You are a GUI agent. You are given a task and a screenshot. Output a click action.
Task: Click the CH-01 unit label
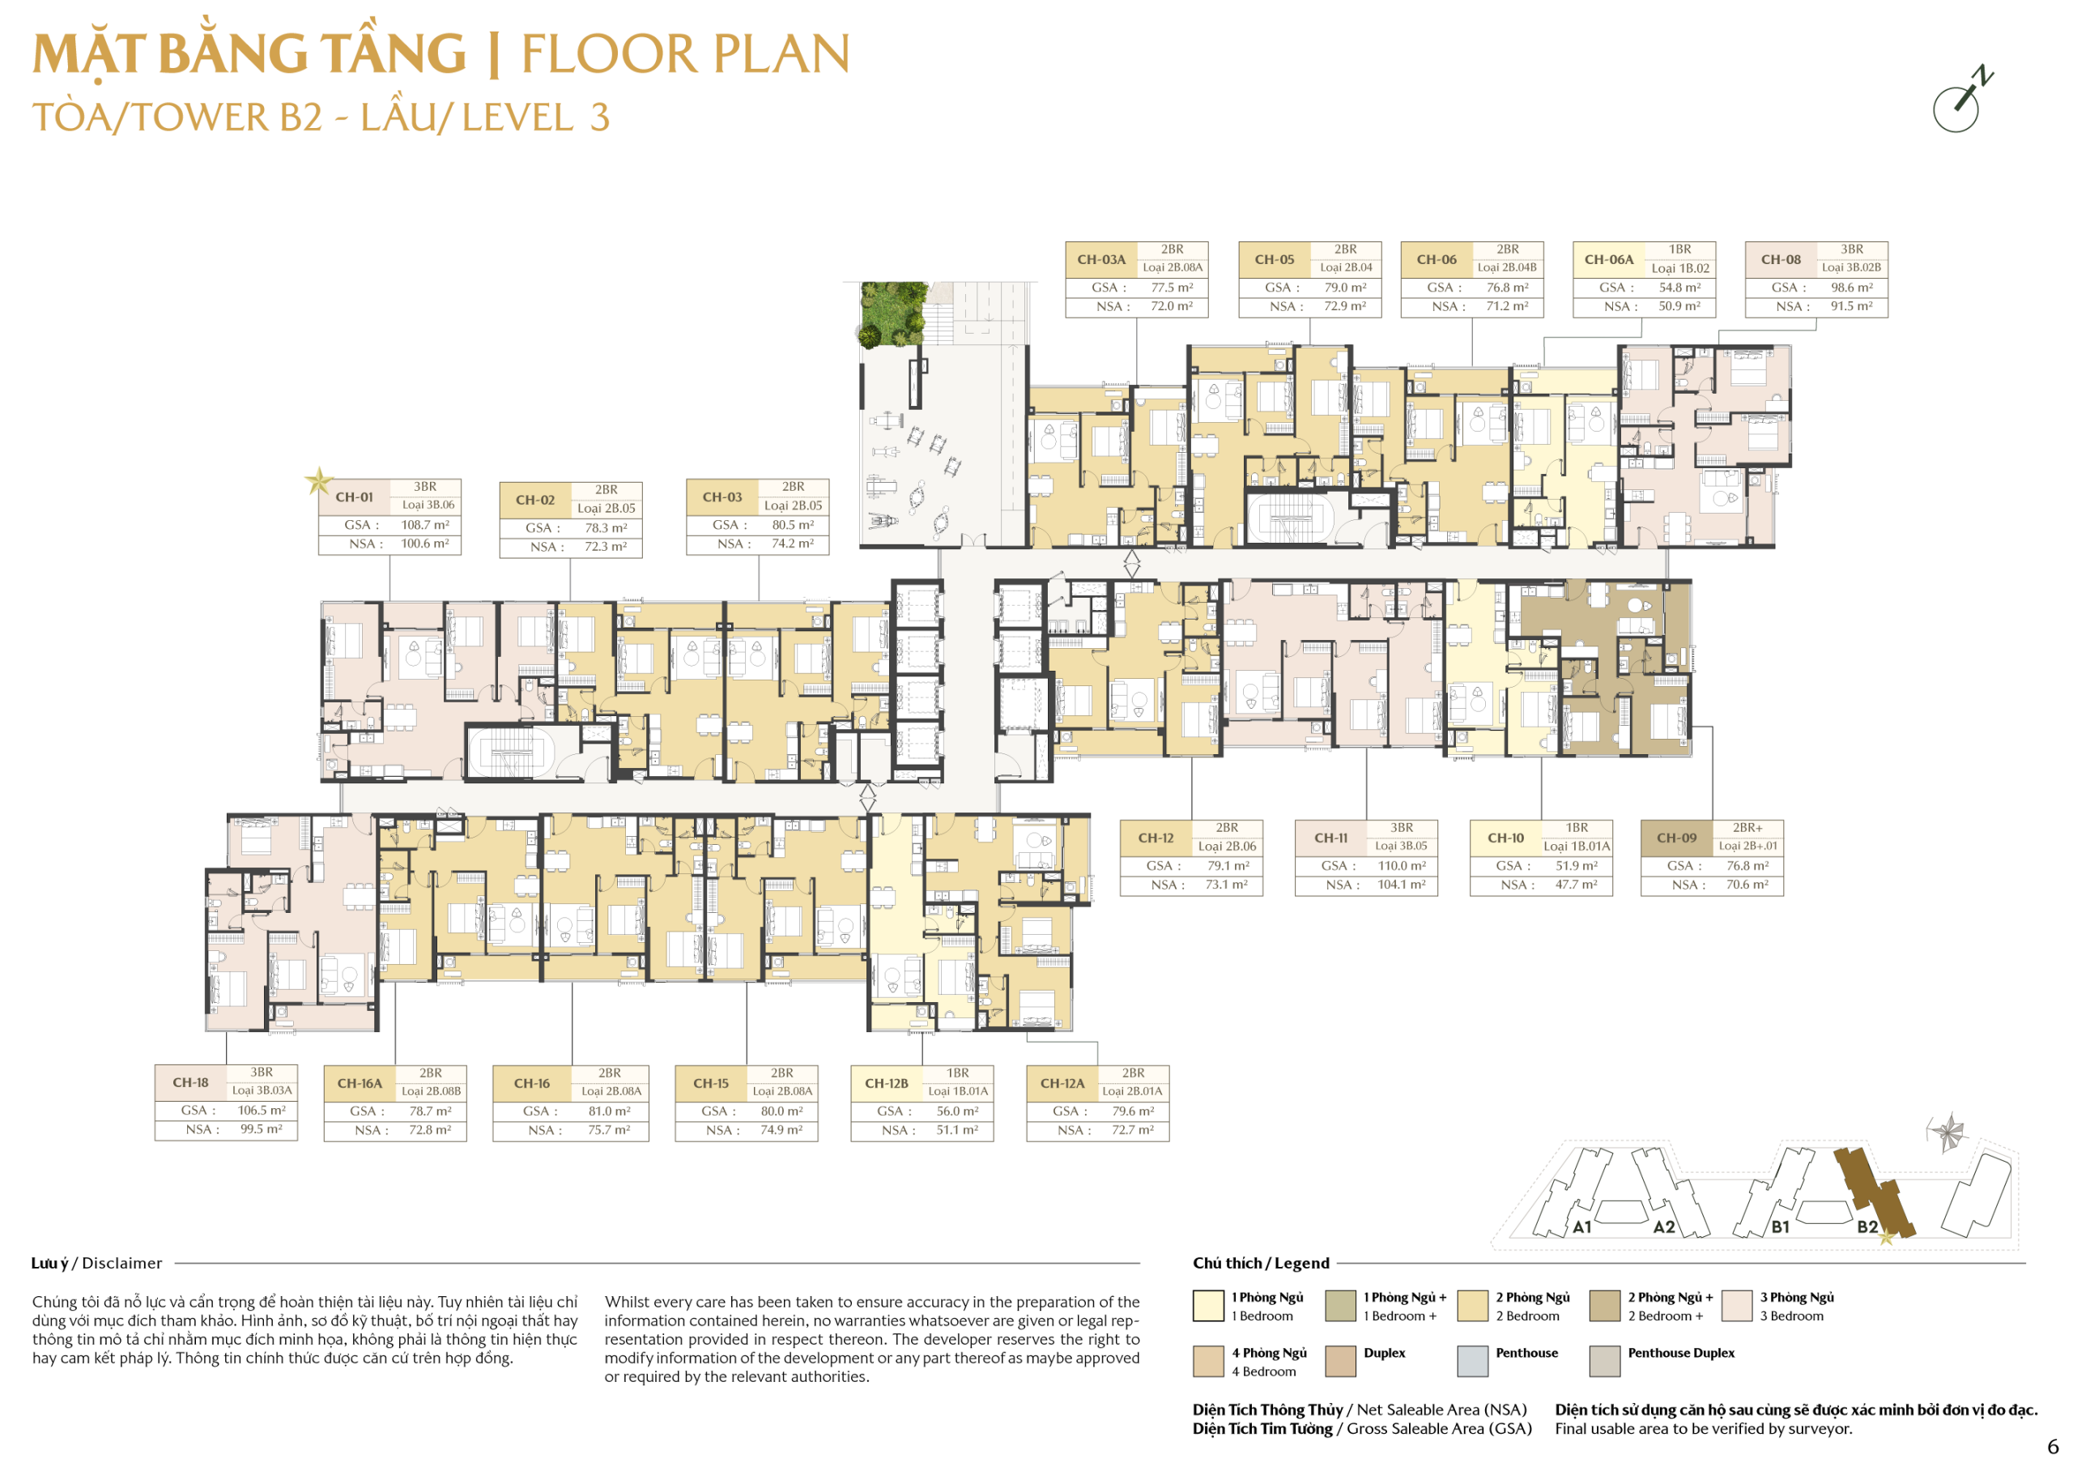pyautogui.click(x=354, y=497)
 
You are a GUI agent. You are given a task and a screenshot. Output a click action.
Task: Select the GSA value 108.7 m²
pyautogui.click(x=425, y=525)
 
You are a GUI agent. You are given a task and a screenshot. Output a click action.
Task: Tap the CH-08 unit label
pyautogui.click(x=1781, y=259)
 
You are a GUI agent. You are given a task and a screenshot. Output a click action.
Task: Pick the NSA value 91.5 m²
pyautogui.click(x=1852, y=306)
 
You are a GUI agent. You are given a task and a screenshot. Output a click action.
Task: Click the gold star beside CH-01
pyautogui.click(x=317, y=480)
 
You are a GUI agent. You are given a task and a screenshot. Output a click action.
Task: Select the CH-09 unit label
pyautogui.click(x=1677, y=838)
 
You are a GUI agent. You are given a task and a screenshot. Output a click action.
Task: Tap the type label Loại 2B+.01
pyautogui.click(x=1748, y=847)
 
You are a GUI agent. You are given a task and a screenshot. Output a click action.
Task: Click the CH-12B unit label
pyautogui.click(x=887, y=1084)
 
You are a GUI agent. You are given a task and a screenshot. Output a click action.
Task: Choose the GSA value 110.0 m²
pyautogui.click(x=1403, y=866)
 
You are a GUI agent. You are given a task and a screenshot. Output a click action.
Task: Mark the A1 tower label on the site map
pyautogui.click(x=1581, y=1227)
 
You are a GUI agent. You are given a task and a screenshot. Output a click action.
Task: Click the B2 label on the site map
pyautogui.click(x=1867, y=1227)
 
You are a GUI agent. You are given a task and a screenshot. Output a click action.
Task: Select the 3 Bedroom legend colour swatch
pyautogui.click(x=1737, y=1306)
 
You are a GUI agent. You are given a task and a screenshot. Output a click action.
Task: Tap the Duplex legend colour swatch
pyautogui.click(x=1341, y=1361)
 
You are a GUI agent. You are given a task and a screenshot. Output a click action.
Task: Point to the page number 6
pyautogui.click(x=2052, y=1446)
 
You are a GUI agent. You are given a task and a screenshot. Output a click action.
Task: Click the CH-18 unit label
pyautogui.click(x=189, y=1083)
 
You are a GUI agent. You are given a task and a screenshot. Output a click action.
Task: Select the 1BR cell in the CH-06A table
pyautogui.click(x=1679, y=250)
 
